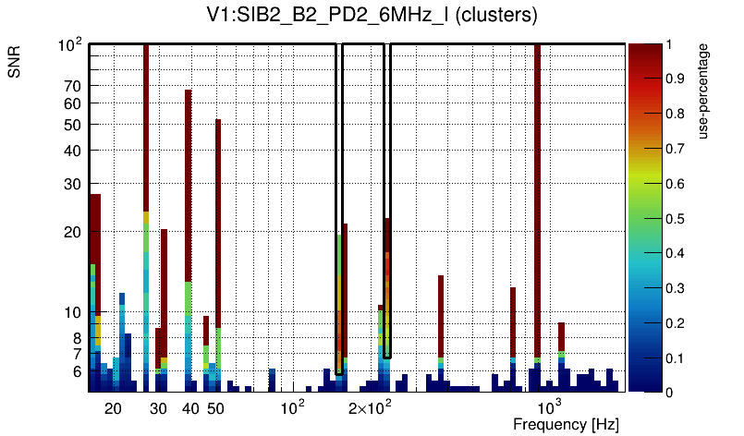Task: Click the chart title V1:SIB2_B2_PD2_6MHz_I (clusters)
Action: pyautogui.click(x=372, y=16)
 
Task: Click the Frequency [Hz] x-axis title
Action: pyautogui.click(x=566, y=424)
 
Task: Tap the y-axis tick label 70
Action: pyautogui.click(x=72, y=86)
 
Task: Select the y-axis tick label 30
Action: pyautogui.click(x=72, y=184)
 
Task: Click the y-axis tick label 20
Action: pyautogui.click(x=72, y=232)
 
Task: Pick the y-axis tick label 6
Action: pyautogui.click(x=76, y=372)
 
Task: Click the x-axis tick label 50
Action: pyautogui.click(x=215, y=408)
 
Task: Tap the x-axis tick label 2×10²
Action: pyautogui.click(x=371, y=407)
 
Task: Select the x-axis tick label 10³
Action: pyautogui.click(x=550, y=407)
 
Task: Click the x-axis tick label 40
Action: pyautogui.click(x=190, y=408)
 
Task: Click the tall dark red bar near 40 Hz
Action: pyautogui.click(x=189, y=185)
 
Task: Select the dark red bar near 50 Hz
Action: pyautogui.click(x=218, y=222)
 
